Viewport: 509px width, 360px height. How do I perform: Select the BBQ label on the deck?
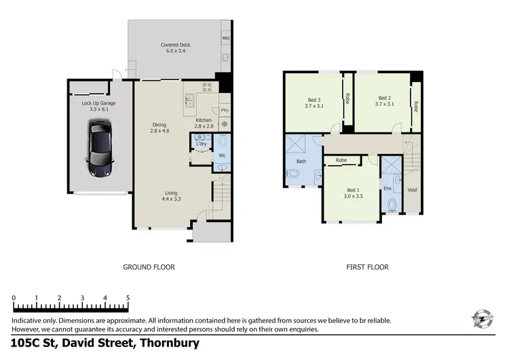point(225,39)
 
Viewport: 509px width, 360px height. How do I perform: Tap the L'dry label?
point(201,144)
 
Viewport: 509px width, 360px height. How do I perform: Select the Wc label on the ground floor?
point(222,156)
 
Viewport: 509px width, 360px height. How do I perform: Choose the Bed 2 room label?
point(385,101)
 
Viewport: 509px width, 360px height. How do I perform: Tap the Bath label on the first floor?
point(301,162)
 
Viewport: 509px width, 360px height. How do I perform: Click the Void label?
point(411,190)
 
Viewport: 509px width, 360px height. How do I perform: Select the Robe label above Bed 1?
point(341,161)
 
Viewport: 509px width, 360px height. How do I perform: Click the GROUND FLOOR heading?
point(149,267)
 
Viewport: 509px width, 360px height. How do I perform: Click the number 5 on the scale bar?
point(128,298)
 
